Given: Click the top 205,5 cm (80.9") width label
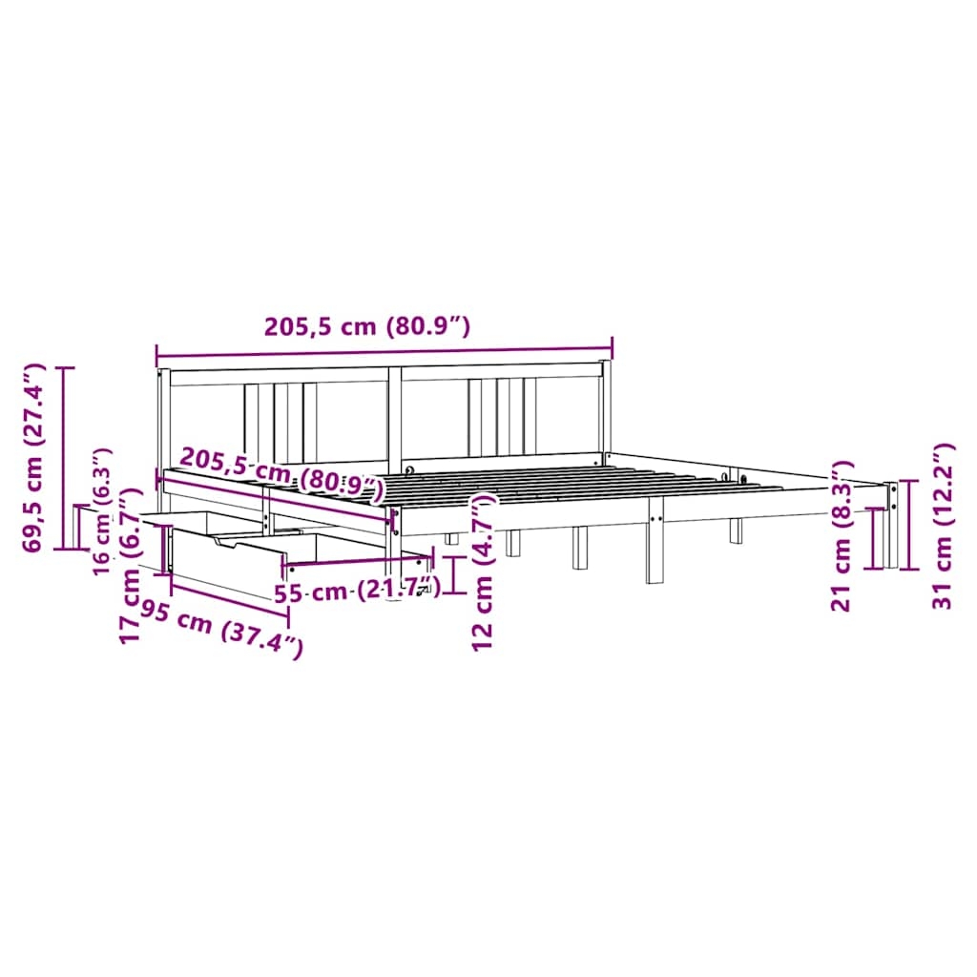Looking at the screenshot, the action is [367, 326].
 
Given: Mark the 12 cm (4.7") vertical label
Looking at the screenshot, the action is [483, 572].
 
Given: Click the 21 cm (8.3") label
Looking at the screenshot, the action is [842, 536].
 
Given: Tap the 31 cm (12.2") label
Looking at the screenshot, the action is [942, 526].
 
